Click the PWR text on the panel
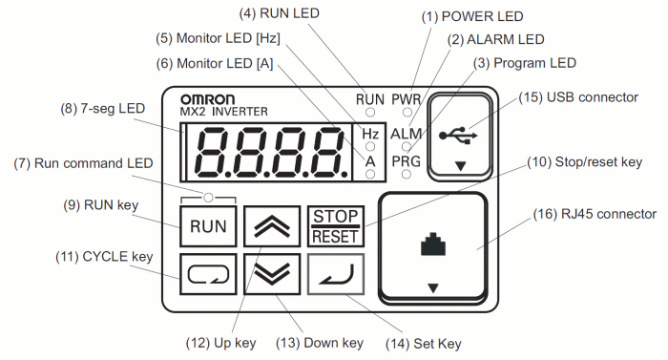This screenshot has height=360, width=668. tap(407, 98)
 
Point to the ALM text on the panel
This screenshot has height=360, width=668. tap(407, 135)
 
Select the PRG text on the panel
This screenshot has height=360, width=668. tap(407, 162)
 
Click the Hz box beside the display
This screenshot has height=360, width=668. tap(370, 135)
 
